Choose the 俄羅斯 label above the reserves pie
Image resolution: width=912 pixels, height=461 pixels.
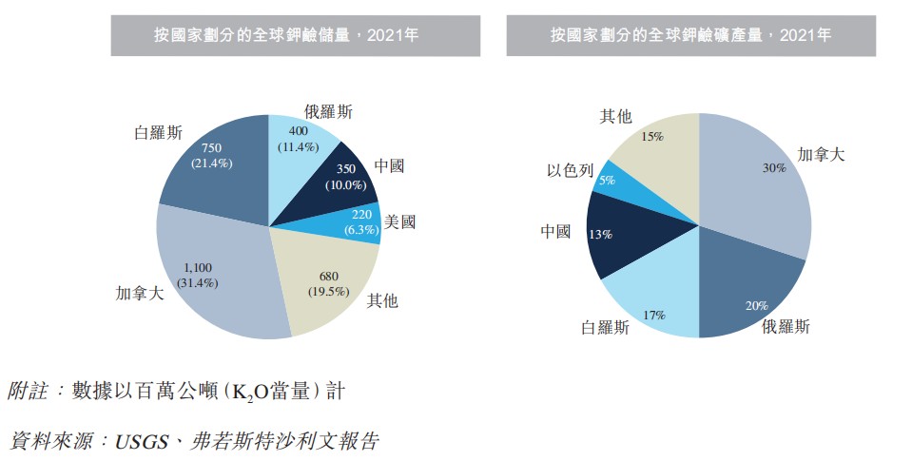click(328, 112)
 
